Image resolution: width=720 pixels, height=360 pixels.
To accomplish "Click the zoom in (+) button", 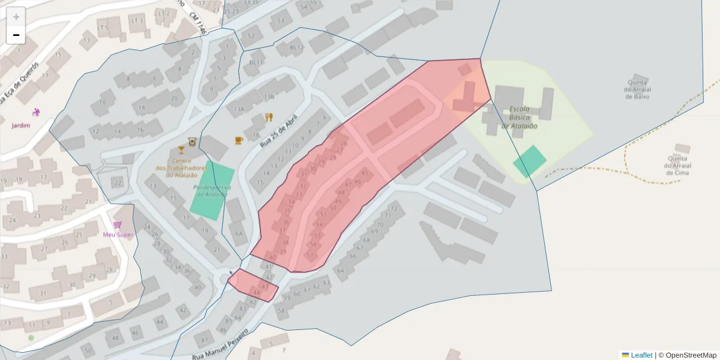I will coord(16,17).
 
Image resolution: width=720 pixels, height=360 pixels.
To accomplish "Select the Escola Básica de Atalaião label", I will coord(519,118).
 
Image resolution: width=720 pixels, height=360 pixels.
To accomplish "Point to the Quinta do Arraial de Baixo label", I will coord(637,89).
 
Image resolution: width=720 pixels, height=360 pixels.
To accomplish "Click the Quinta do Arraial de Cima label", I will coord(677,166).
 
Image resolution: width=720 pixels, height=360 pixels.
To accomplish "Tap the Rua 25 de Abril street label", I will coord(279,132).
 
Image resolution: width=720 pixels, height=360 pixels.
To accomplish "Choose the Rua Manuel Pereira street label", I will coord(220,344).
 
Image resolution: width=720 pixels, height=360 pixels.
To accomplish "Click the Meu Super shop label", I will coord(118,234).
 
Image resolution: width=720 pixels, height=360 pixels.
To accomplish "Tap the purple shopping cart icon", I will coord(118,224).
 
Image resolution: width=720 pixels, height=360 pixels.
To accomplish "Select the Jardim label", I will coord(20,125).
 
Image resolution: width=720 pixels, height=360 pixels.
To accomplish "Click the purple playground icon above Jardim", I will coord(36,112).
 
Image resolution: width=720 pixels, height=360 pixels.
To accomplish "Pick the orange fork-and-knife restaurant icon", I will coord(269,117).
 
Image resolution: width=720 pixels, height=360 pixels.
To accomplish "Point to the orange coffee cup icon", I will coord(238,140).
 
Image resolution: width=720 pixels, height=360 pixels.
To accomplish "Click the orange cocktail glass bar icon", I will coord(181,149).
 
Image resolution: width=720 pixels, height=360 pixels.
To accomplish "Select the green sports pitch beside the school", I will coord(529,161).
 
